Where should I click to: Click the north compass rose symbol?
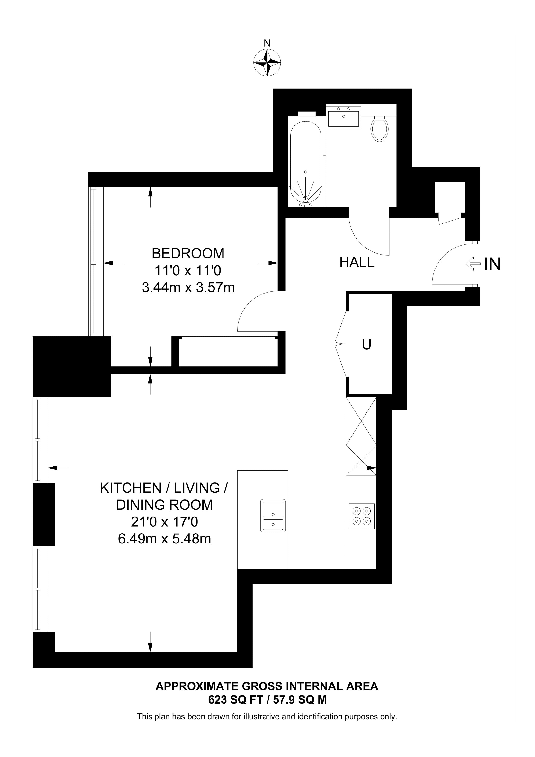click(267, 63)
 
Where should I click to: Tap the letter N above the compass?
click(267, 43)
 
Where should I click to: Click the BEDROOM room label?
click(188, 254)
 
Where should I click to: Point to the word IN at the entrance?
click(492, 264)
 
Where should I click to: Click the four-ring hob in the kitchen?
click(362, 516)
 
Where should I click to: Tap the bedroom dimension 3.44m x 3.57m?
click(188, 288)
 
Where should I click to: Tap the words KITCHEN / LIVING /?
click(164, 488)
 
